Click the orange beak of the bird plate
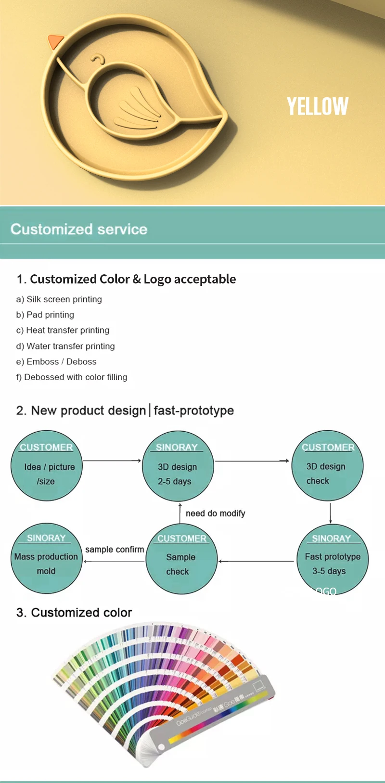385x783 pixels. coord(55,41)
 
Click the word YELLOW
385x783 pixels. coord(318,106)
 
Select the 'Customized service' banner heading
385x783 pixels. coord(79,229)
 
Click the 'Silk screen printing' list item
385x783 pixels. coord(59,299)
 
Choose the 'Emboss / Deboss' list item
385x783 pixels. coord(56,362)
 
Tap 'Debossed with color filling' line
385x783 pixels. coord(72,377)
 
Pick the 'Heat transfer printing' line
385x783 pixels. coord(63,331)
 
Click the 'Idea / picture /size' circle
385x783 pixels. coord(47,466)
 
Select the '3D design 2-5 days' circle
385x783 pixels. coord(178,466)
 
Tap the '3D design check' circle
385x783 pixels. coord(327,466)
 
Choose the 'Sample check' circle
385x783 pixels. coord(181,559)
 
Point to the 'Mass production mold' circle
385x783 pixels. coord(46,558)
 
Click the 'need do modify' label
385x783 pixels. coord(215,513)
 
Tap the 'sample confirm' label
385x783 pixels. coord(115,550)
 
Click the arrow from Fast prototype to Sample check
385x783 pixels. coord(256,561)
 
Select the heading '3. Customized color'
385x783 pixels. coord(74,613)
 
